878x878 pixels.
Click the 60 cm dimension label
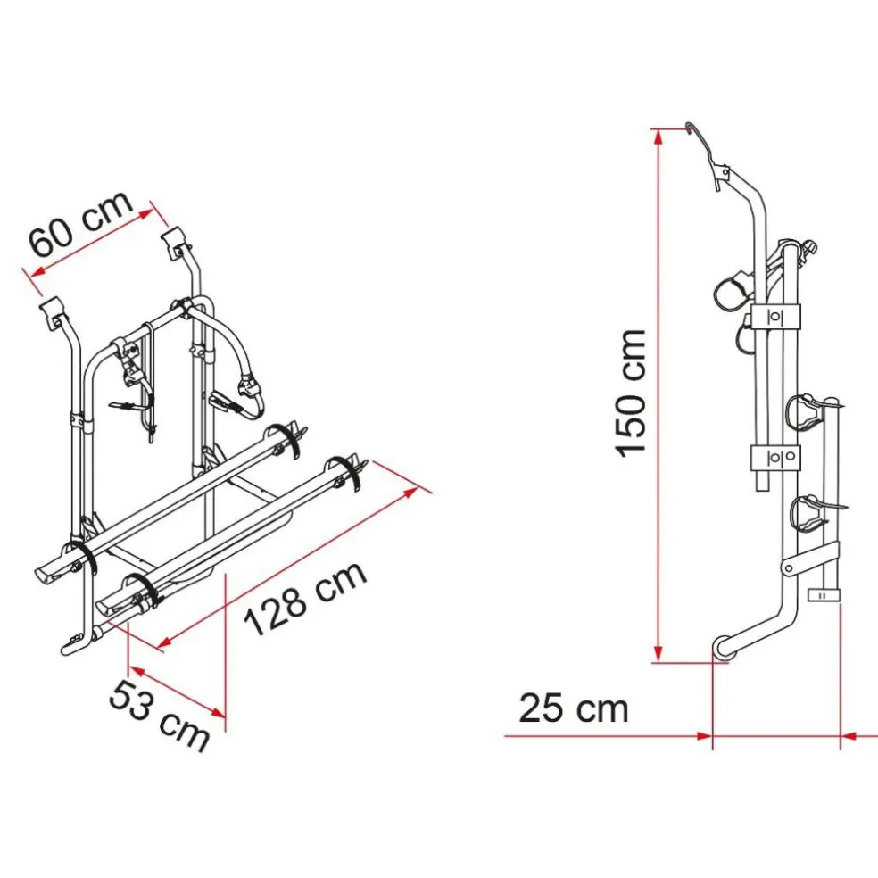tap(81, 223)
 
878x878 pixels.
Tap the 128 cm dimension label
tap(306, 598)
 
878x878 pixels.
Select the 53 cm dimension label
tap(159, 715)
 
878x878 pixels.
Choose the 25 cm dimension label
tap(574, 708)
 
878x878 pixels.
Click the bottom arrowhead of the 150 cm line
tap(658, 655)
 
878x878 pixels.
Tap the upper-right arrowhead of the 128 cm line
tap(411, 493)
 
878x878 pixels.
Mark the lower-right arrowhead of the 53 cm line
tap(218, 712)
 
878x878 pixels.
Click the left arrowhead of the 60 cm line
tap(37, 273)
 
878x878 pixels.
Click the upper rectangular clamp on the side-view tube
tap(775, 317)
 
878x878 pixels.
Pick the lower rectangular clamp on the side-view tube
tap(775, 457)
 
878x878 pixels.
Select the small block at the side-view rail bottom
tap(824, 596)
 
